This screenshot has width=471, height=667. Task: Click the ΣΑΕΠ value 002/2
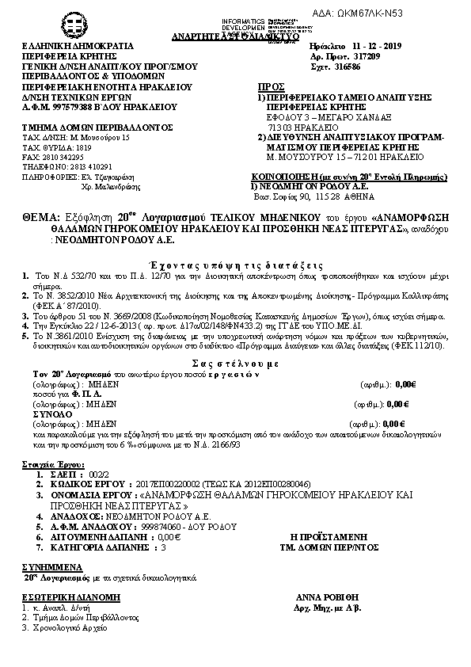[99, 472]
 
